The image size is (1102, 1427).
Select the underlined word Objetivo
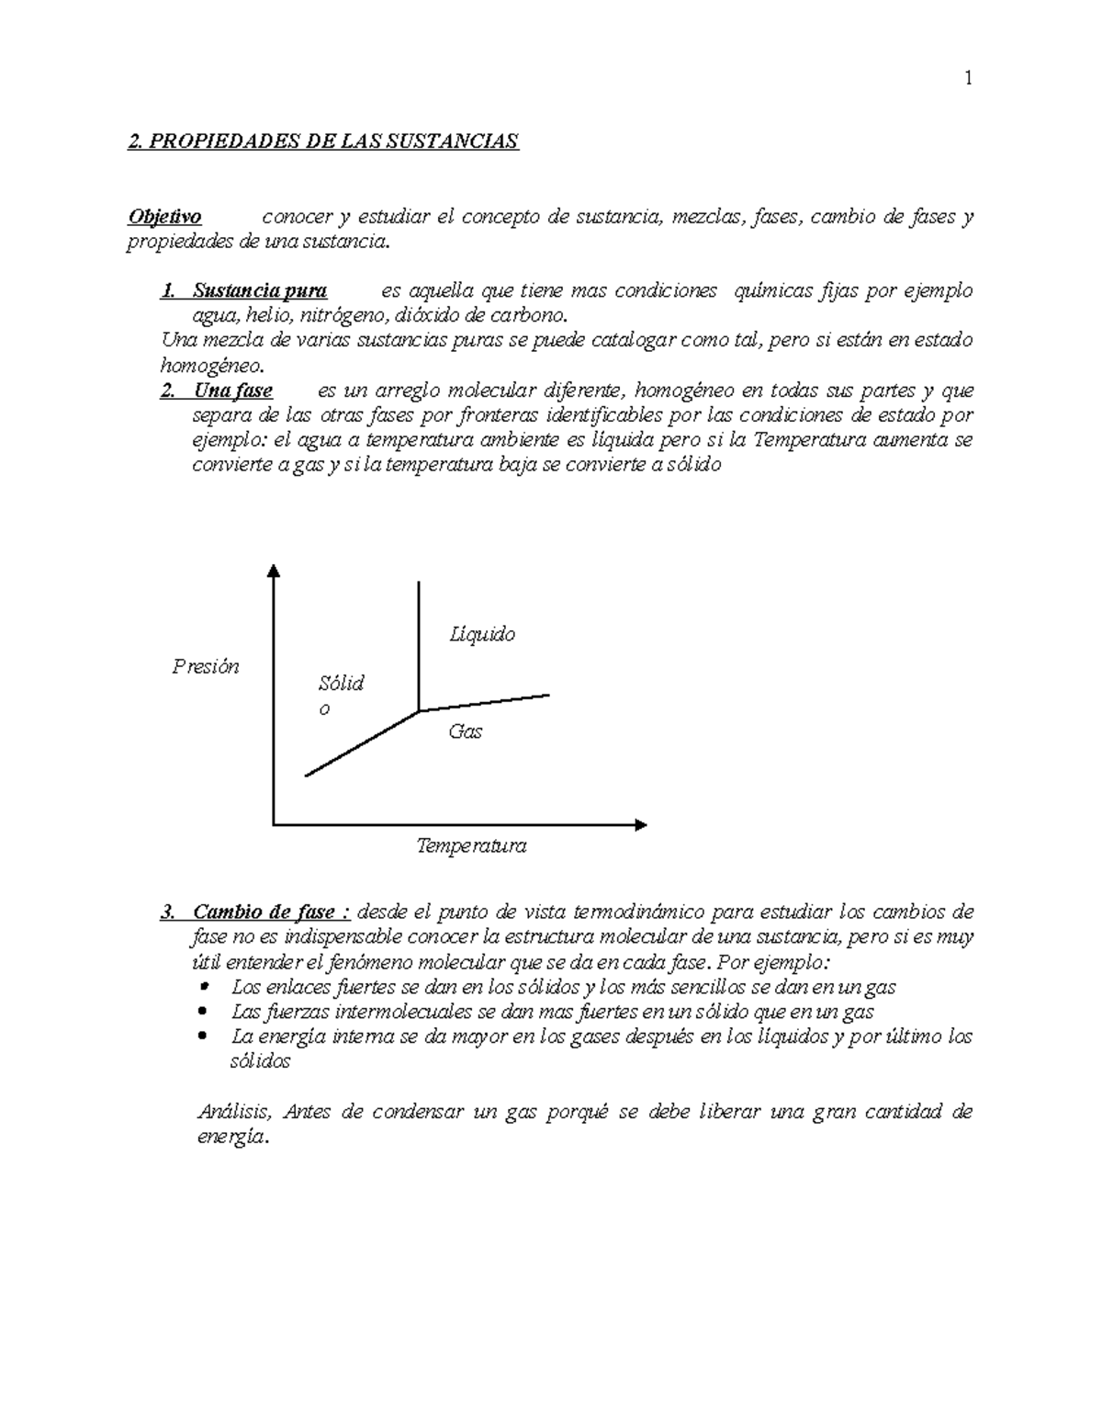click(164, 218)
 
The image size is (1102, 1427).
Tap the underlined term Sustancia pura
click(260, 291)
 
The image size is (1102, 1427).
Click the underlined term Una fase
click(232, 391)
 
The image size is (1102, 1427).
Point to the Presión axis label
click(206, 667)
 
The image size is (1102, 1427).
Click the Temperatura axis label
click(471, 845)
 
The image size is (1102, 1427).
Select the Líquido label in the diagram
click(482, 634)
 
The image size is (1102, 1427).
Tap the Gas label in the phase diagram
click(465, 732)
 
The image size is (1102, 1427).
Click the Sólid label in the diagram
click(341, 684)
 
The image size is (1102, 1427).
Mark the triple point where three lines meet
click(419, 710)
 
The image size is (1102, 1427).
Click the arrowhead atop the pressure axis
click(273, 571)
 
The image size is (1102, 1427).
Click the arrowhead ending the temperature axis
click(640, 824)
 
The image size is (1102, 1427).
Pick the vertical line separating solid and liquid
click(419, 643)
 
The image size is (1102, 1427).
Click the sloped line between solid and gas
click(361, 743)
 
